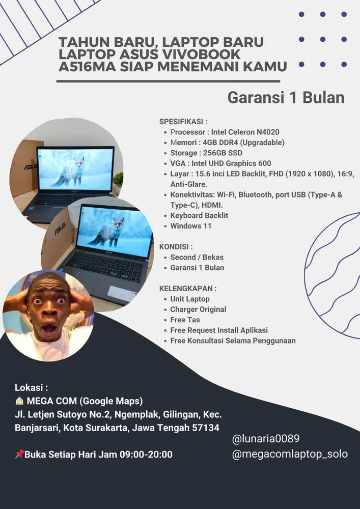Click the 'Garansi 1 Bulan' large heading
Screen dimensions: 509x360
(x=286, y=97)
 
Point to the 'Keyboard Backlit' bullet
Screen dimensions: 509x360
(x=199, y=215)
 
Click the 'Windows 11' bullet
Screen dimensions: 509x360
(x=190, y=226)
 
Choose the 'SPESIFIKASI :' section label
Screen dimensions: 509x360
(x=183, y=121)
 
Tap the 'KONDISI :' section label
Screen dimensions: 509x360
(x=176, y=246)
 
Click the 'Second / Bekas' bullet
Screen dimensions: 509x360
(x=197, y=257)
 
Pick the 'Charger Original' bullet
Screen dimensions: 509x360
(x=198, y=309)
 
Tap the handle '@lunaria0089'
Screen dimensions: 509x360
(x=265, y=438)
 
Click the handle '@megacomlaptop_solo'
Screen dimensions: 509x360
(x=290, y=454)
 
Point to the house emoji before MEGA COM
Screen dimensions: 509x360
(x=19, y=401)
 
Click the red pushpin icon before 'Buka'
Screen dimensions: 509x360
(x=19, y=454)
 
